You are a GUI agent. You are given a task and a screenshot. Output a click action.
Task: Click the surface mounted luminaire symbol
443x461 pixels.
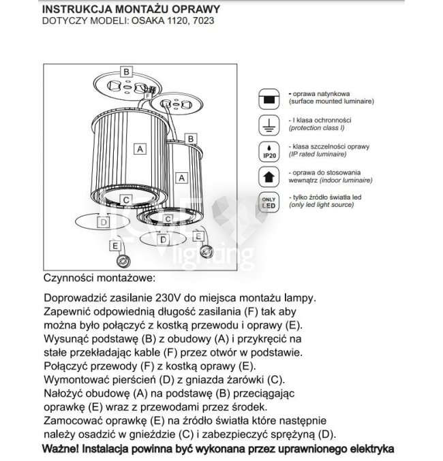click(x=268, y=98)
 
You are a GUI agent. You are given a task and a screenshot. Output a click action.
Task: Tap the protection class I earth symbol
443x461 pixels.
click(x=268, y=124)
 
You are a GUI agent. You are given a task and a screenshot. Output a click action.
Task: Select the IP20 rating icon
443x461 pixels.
click(x=268, y=151)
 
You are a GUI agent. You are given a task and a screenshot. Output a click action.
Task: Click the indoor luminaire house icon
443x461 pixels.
click(x=268, y=177)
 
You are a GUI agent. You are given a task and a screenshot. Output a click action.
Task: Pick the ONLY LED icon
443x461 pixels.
click(x=268, y=202)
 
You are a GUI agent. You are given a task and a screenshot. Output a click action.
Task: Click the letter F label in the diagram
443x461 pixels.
click(x=148, y=97)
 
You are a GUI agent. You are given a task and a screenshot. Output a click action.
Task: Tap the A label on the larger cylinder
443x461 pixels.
click(x=139, y=148)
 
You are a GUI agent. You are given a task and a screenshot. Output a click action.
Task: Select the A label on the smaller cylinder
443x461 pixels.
click(x=181, y=177)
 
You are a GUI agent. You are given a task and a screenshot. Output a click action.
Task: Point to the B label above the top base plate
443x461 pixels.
click(x=125, y=71)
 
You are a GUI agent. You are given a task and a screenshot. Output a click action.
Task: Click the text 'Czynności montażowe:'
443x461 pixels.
click(x=99, y=279)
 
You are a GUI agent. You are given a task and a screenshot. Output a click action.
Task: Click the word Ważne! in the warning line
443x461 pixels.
click(x=61, y=449)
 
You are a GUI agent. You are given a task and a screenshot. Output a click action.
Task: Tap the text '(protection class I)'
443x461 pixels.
click(x=317, y=127)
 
